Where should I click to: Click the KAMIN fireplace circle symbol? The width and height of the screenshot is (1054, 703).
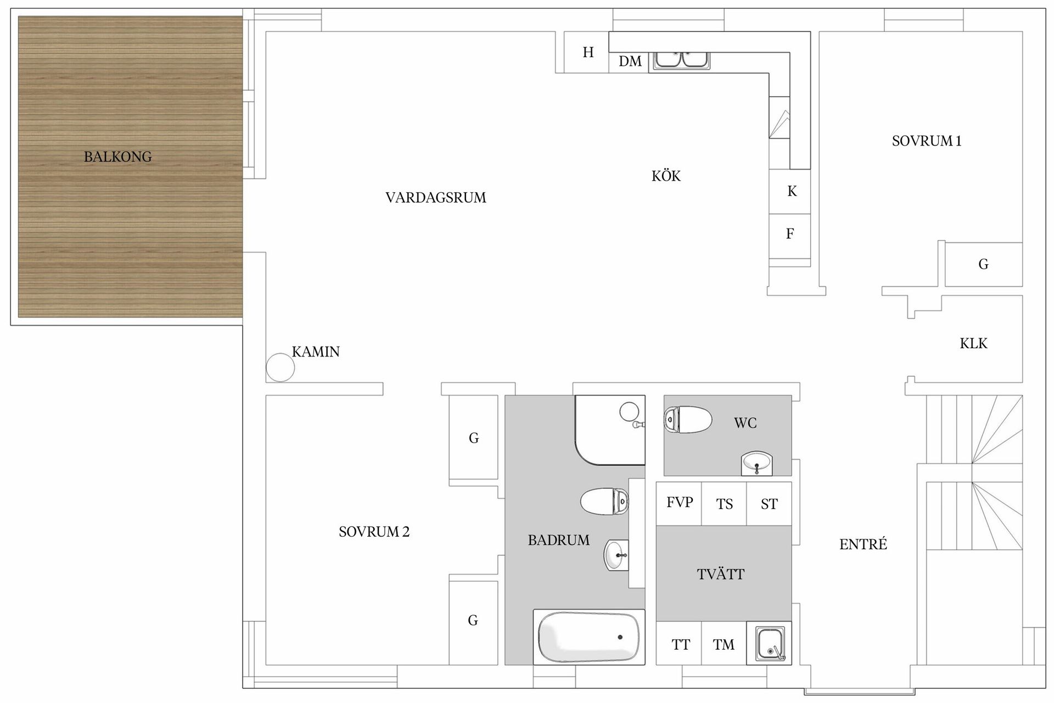280,367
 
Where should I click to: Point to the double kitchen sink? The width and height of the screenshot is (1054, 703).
681,59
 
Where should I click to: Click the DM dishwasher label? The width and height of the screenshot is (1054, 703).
630,62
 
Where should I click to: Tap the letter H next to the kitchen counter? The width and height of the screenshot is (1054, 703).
588,52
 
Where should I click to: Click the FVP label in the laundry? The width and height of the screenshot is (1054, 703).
679,503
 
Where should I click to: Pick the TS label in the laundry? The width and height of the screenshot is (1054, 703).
724,504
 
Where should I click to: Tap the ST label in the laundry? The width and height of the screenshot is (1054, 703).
769,504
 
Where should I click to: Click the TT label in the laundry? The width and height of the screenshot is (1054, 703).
680,645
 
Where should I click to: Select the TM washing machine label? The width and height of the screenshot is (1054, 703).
724,645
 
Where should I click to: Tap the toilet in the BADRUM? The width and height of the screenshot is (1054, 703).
604,501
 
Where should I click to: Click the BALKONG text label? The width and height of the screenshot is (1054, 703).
117,157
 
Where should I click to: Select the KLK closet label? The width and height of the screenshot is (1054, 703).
973,344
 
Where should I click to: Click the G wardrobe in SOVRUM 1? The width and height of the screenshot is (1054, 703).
983,265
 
